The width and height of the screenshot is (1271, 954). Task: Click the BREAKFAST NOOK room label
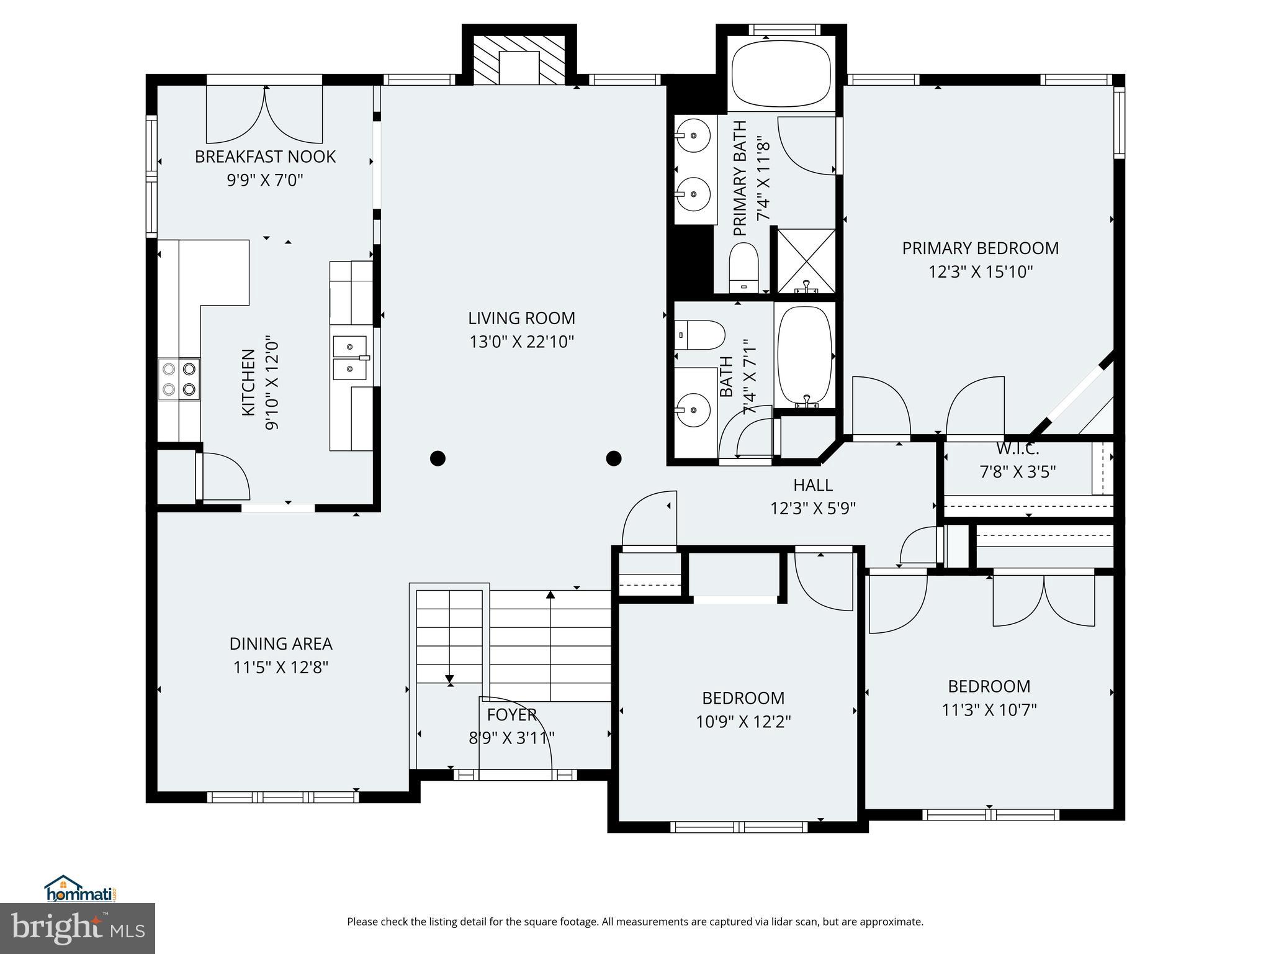coord(265,157)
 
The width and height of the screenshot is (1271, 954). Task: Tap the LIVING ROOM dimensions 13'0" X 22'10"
coord(521,342)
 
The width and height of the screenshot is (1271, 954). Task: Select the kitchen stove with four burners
coord(179,379)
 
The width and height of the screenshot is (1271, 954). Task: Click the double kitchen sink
coord(351,357)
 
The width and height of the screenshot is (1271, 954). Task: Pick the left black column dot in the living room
coord(438,458)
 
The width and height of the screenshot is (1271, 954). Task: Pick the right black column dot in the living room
coord(614,458)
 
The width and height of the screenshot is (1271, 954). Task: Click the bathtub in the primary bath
coord(781,75)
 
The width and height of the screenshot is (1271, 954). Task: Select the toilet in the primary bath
coord(743,267)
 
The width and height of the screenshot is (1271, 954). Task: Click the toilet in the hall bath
coord(699,335)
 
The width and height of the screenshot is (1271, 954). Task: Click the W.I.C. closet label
coord(1017,448)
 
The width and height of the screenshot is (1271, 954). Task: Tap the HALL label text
coord(812,485)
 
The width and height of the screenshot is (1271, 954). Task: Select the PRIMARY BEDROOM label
coord(980,248)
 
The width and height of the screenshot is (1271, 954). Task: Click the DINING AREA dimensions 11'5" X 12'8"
coord(281,668)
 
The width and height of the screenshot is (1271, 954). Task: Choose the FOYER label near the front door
coord(511,715)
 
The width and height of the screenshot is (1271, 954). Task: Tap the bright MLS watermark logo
coord(77,928)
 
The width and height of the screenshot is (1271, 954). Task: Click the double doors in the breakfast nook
coord(265,115)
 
